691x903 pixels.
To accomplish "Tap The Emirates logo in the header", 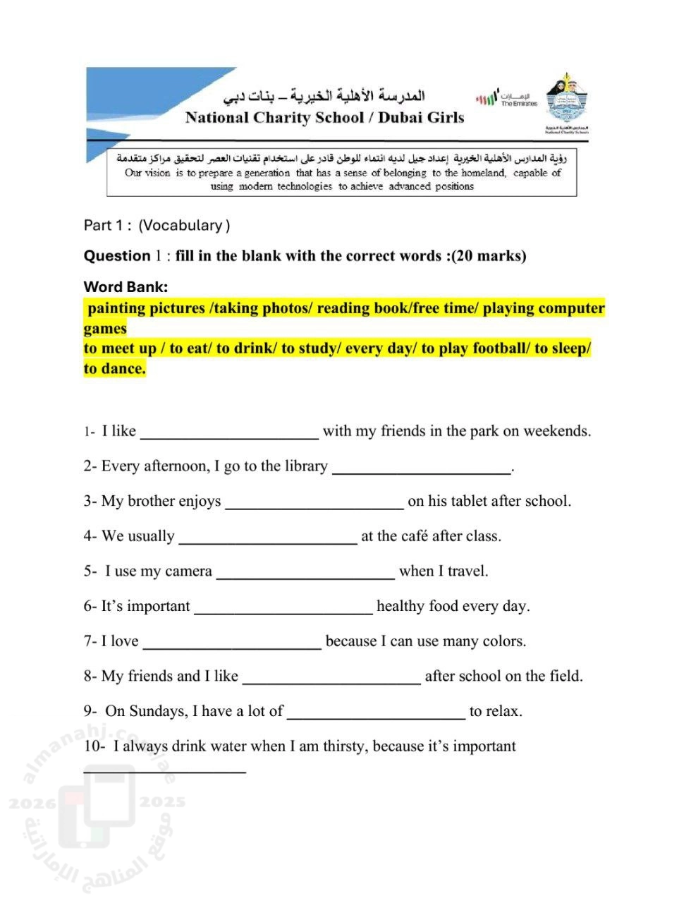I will (507, 99).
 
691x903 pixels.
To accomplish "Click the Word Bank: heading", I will (126, 287).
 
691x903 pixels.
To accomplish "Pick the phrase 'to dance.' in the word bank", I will (114, 369).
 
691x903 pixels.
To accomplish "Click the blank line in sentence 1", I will (229, 437).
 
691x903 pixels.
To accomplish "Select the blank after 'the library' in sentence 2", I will (421, 472).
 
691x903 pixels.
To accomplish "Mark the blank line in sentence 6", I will (283, 612).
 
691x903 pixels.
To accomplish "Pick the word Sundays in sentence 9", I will (159, 711).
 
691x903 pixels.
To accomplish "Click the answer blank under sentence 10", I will (164, 771).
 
